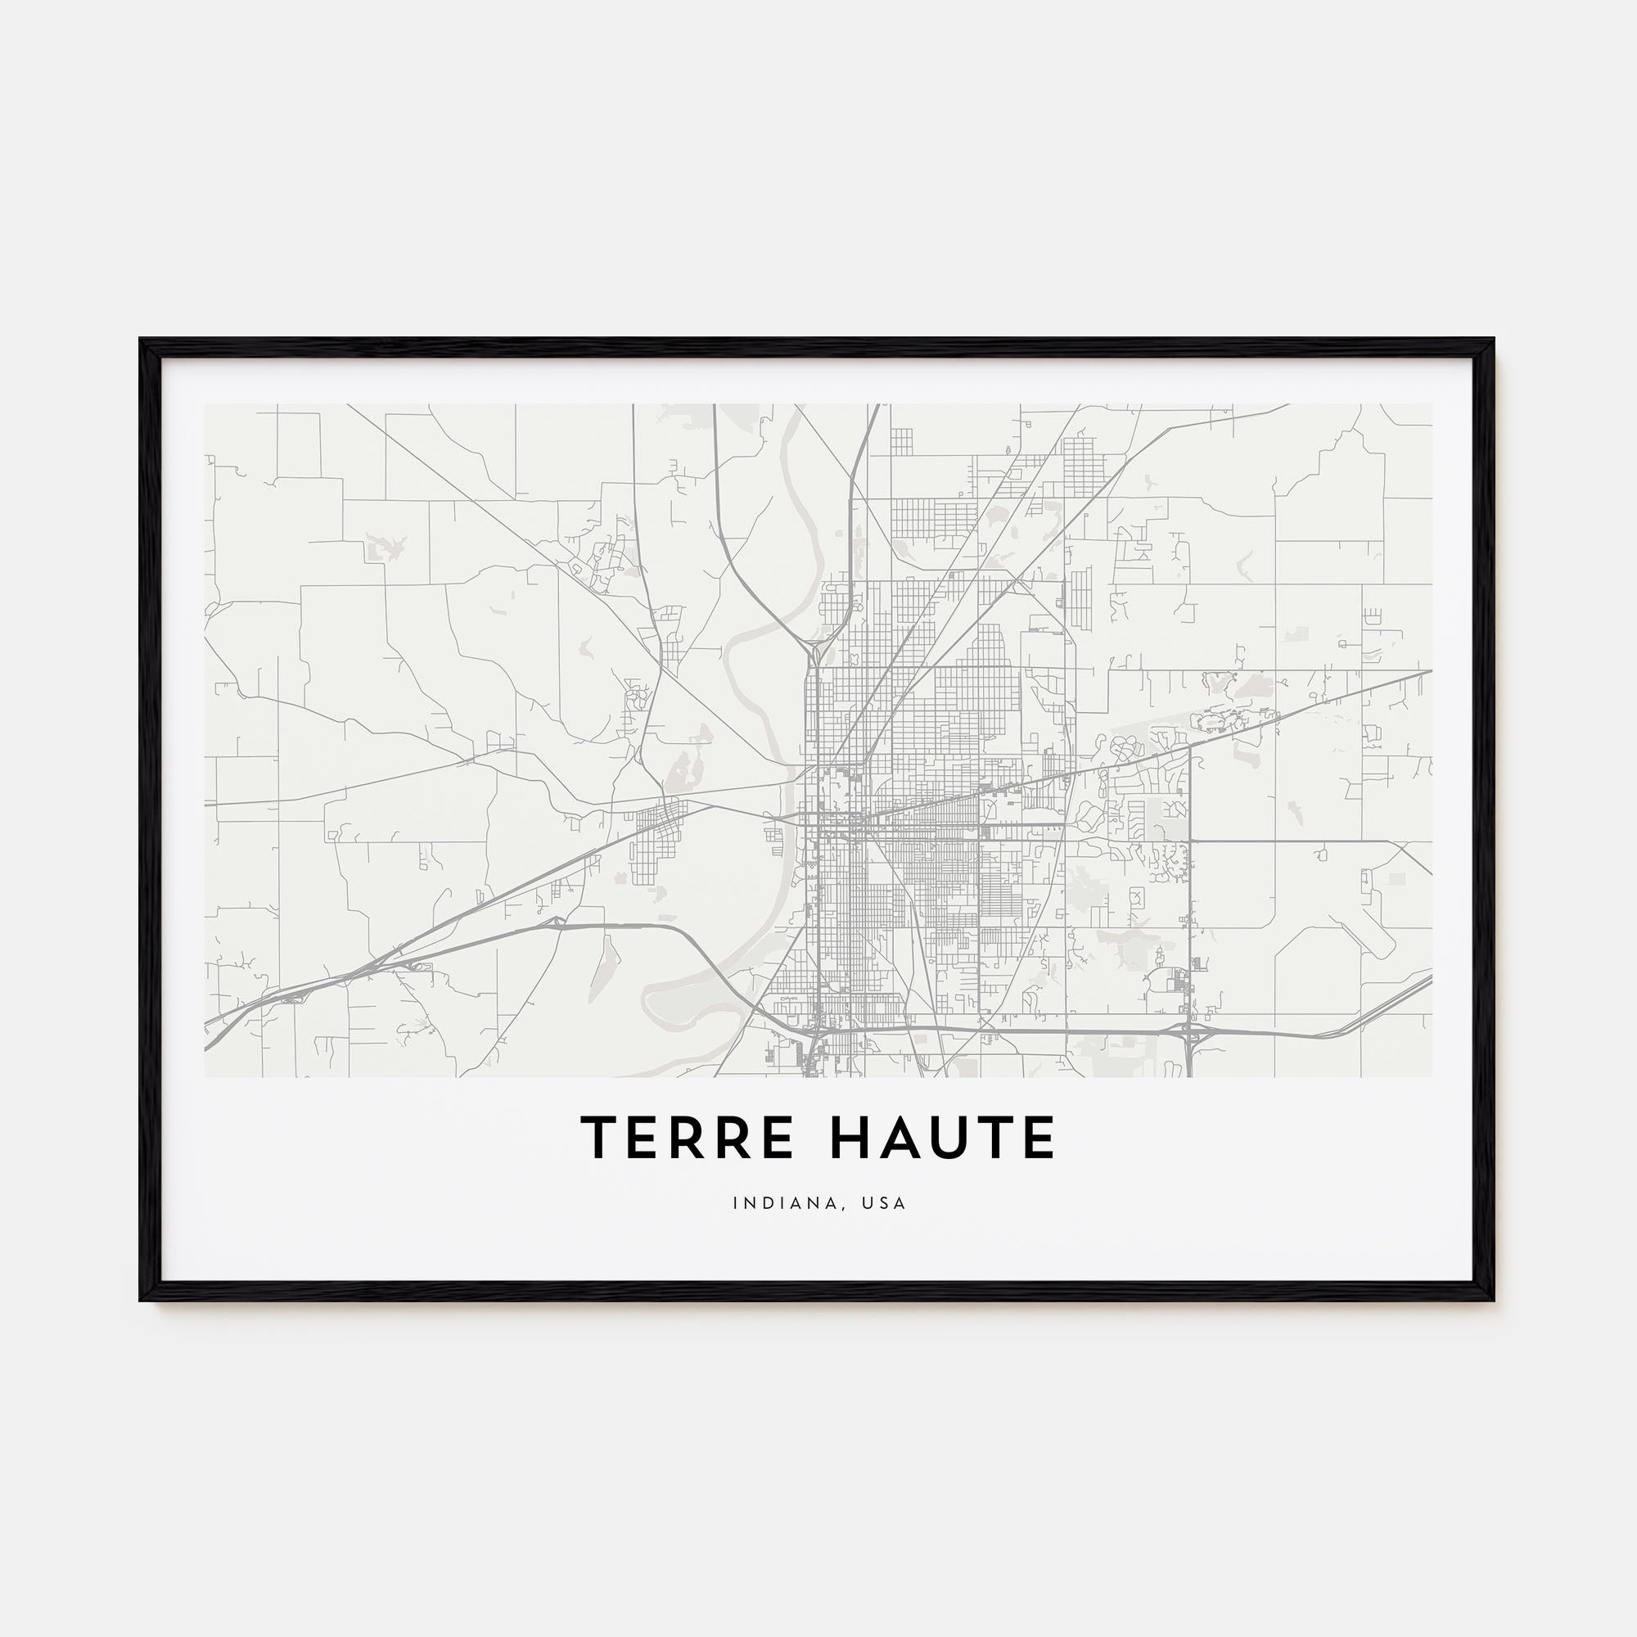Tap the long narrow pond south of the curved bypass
click(x=599, y=966)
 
